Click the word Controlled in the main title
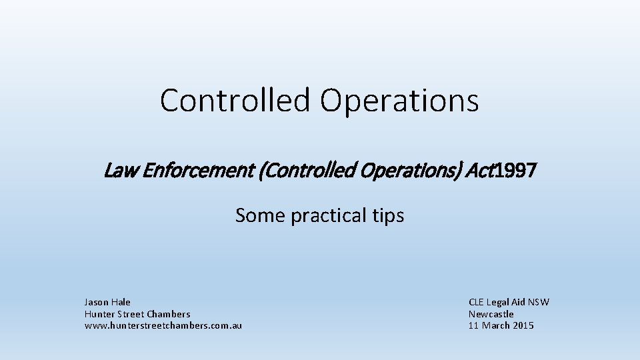pos(235,101)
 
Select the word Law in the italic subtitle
pos(117,172)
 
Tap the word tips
pos(387,216)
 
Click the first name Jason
pos(97,302)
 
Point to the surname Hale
pos(121,302)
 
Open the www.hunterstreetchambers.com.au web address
pos(163,325)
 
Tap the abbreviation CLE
pos(477,302)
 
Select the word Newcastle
pos(491,314)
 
